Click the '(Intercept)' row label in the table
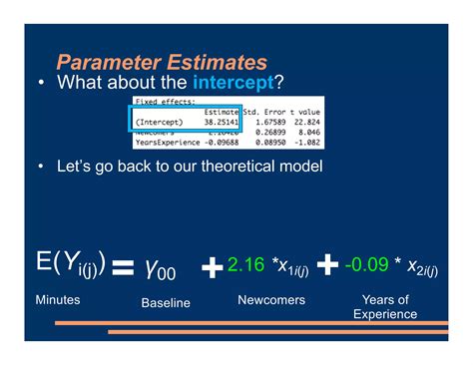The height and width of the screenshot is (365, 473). pos(158,123)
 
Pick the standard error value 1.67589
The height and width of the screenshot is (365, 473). pos(264,123)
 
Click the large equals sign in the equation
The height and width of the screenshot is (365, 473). pos(122,268)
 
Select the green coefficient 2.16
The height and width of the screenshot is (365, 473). pos(244,265)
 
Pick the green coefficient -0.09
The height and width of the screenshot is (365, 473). pos(366,265)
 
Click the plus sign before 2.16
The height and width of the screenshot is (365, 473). pos(212,267)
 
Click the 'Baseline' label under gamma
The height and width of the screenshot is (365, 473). pos(166,303)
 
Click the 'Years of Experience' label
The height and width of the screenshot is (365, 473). pos(385,307)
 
